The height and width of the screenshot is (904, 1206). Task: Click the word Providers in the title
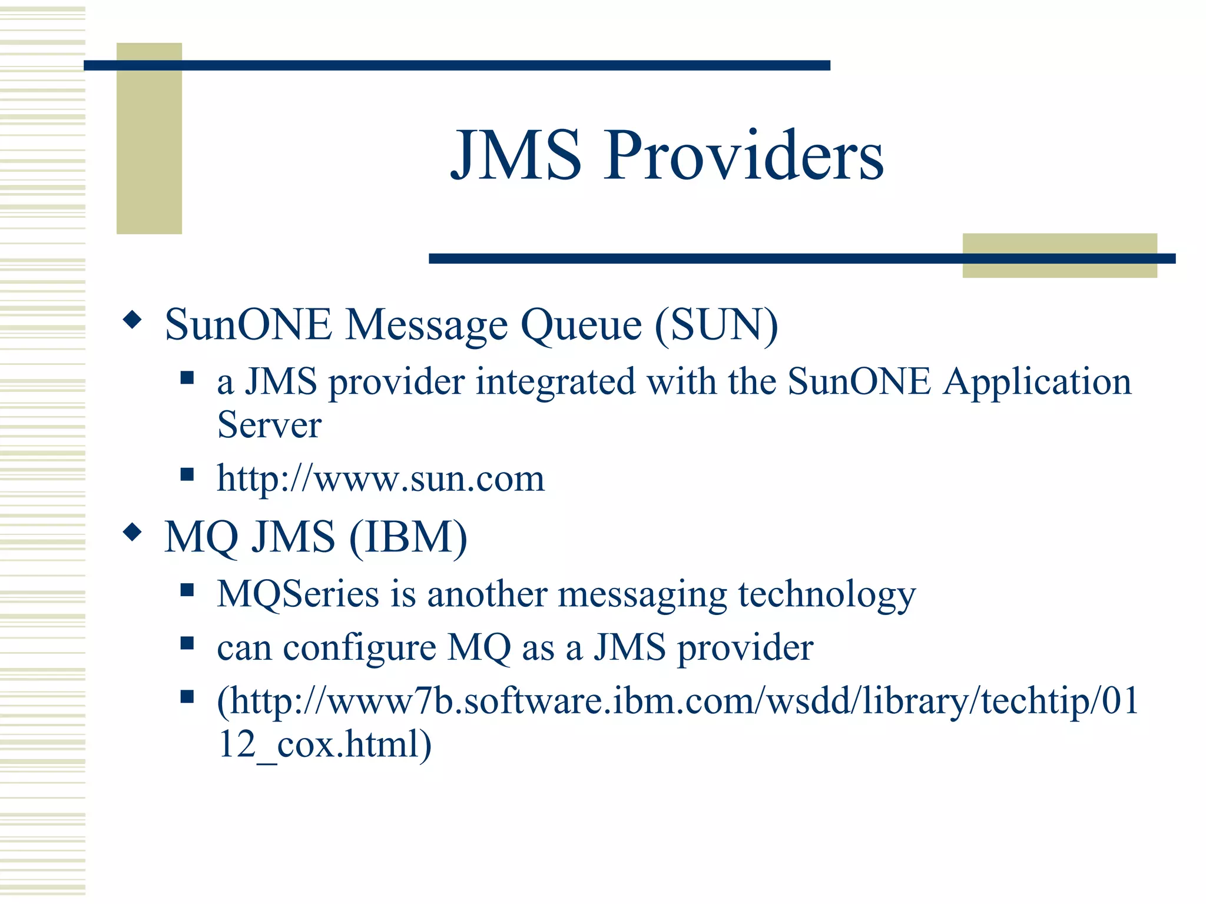pyautogui.click(x=743, y=155)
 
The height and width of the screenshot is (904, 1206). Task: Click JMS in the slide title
pyautogui.click(x=516, y=155)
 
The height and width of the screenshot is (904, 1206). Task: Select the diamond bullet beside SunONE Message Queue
pyautogui.click(x=132, y=320)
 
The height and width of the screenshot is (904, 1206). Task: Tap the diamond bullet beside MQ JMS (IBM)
pyautogui.click(x=132, y=533)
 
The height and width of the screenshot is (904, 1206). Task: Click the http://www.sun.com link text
pyautogui.click(x=380, y=478)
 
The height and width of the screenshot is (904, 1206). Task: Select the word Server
pyautogui.click(x=269, y=424)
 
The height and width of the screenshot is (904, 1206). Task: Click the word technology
pyautogui.click(x=827, y=594)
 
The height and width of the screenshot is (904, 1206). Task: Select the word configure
pyautogui.click(x=359, y=648)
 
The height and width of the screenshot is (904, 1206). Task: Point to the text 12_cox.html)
pyautogui.click(x=324, y=744)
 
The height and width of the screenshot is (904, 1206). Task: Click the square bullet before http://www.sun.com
pyautogui.click(x=187, y=474)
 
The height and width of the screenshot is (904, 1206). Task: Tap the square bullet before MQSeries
pyautogui.click(x=187, y=590)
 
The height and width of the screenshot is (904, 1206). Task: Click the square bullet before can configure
pyautogui.click(x=187, y=644)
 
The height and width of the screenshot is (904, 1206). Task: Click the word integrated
pyautogui.click(x=555, y=382)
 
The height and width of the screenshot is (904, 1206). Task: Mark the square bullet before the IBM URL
pyautogui.click(x=187, y=697)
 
